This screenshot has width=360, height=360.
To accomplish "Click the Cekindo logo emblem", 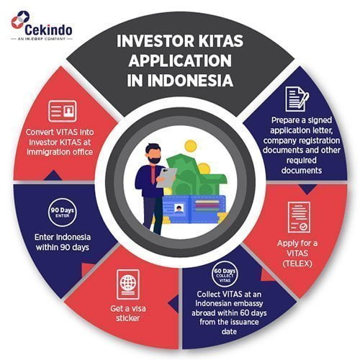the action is click(x=20, y=19).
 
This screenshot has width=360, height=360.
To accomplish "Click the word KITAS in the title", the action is click(x=221, y=41).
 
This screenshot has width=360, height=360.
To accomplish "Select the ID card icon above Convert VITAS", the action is click(x=63, y=112).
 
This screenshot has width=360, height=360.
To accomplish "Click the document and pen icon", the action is click(x=297, y=99).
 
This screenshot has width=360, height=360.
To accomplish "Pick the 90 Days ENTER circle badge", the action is click(x=63, y=212).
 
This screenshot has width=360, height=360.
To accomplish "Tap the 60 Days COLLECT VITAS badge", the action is click(x=225, y=274).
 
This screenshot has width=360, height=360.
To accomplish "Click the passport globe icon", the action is click(x=128, y=284).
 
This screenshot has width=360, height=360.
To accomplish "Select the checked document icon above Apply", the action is click(x=299, y=217).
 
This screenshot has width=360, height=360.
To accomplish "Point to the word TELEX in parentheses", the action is click(x=297, y=264).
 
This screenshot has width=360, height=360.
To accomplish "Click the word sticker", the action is click(x=127, y=318).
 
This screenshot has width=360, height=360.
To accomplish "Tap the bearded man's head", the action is click(x=153, y=153).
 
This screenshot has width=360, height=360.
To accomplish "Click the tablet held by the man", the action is click(x=166, y=178).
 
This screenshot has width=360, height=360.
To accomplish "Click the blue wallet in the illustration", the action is click(x=194, y=210).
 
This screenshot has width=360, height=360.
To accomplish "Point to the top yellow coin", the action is click(x=191, y=146).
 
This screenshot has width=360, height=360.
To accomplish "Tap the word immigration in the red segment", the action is click(x=45, y=152).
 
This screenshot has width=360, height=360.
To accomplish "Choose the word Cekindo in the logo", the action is click(x=48, y=30).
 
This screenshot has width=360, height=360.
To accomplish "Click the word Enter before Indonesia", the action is click(x=44, y=237).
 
